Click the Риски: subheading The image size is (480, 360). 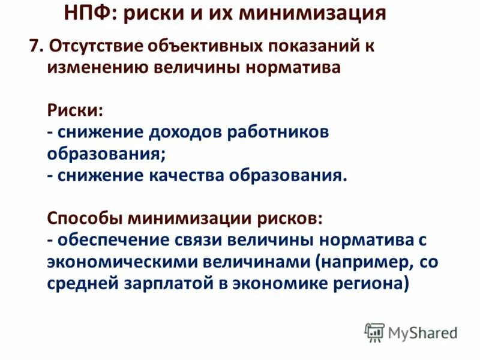click(x=75, y=110)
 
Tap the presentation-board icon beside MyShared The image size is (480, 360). click(x=374, y=332)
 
